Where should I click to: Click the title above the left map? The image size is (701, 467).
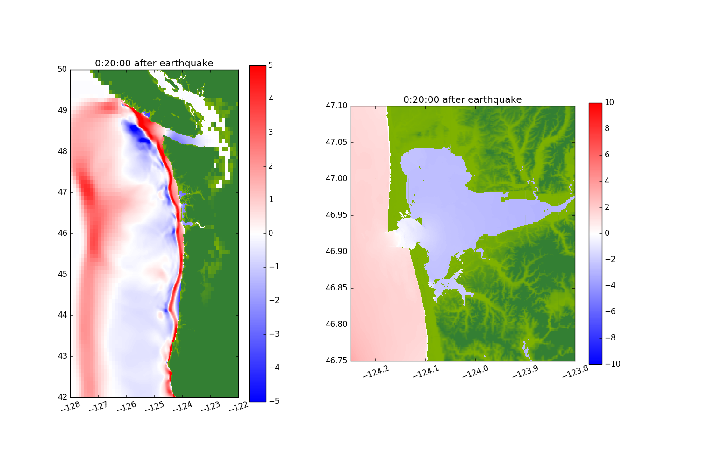coord(154,63)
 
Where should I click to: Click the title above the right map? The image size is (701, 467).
coord(463,99)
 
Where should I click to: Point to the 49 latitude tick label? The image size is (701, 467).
coord(62,110)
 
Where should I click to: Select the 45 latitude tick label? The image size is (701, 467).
coord(62,274)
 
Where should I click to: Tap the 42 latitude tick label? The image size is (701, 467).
coord(62,397)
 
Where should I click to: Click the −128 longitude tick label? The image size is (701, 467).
coord(71,407)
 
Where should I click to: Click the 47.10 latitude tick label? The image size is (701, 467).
coord(336,106)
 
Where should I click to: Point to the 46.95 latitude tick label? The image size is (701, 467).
coord(336,215)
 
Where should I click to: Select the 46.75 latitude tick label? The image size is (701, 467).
coord(336,361)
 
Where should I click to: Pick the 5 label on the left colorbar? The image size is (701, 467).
coord(271,65)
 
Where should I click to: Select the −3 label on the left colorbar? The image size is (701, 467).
coord(274,334)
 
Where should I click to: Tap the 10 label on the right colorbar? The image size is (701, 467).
coord(609,102)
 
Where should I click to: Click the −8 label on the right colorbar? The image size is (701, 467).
coord(610,338)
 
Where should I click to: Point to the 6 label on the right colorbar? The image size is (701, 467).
coord(607,155)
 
